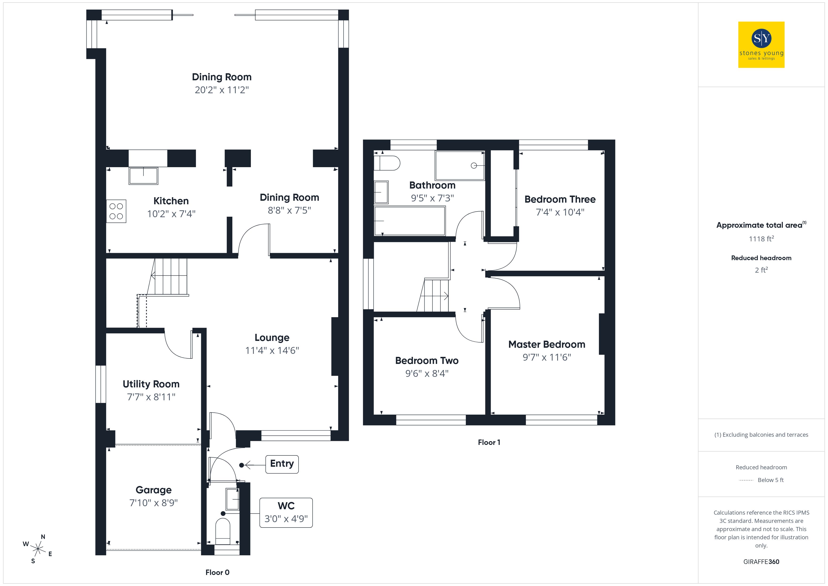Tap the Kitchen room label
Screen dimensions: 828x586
tap(171, 201)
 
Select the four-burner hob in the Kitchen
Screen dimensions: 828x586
tap(116, 211)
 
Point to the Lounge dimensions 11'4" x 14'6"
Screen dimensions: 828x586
tap(272, 350)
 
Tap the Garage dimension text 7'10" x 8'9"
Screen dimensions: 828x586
tap(154, 503)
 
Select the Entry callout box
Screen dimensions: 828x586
tap(282, 464)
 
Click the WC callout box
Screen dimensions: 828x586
tap(286, 513)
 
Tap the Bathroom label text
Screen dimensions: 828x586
tap(432, 185)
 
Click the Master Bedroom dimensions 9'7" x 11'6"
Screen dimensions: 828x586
tap(547, 357)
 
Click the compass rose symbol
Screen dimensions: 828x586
tap(38, 549)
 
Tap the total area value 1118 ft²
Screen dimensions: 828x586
tap(761, 239)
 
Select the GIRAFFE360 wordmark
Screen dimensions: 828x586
tap(761, 562)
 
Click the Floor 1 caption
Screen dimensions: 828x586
tap(489, 442)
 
